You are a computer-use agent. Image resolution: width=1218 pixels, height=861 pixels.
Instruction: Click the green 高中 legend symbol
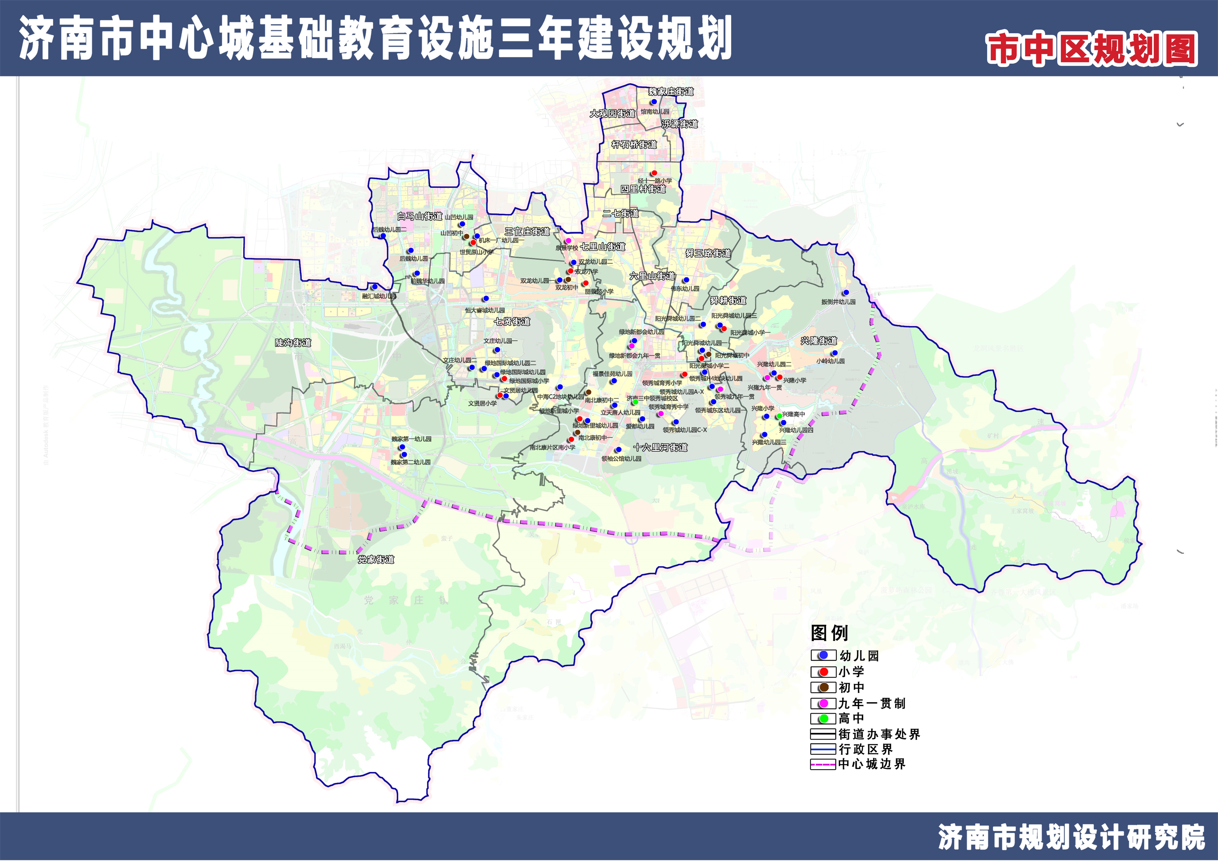(823, 719)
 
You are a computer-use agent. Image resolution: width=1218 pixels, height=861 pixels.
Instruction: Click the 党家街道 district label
(376, 559)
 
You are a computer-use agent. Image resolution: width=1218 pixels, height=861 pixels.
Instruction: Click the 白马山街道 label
(420, 216)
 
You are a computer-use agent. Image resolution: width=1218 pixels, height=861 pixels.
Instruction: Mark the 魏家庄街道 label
(671, 92)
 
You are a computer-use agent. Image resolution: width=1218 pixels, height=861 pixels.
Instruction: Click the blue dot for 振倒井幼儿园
(846, 293)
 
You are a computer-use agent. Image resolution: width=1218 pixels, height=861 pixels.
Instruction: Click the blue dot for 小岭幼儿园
(835, 353)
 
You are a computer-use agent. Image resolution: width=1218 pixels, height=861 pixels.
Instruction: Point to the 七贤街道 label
(512, 322)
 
